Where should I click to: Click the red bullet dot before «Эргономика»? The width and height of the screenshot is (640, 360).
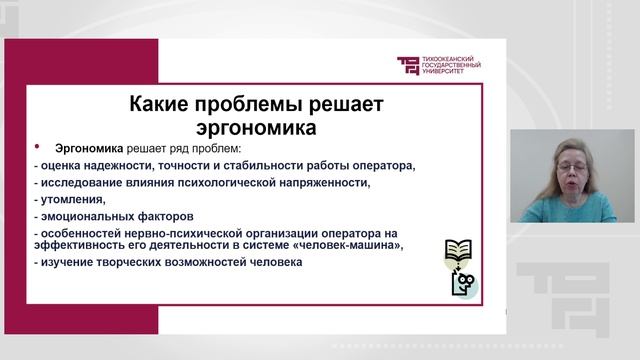(37, 146)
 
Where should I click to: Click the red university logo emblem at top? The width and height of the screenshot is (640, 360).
(409, 66)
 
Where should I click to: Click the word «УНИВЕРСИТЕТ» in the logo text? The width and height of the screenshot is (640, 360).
(445, 73)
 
